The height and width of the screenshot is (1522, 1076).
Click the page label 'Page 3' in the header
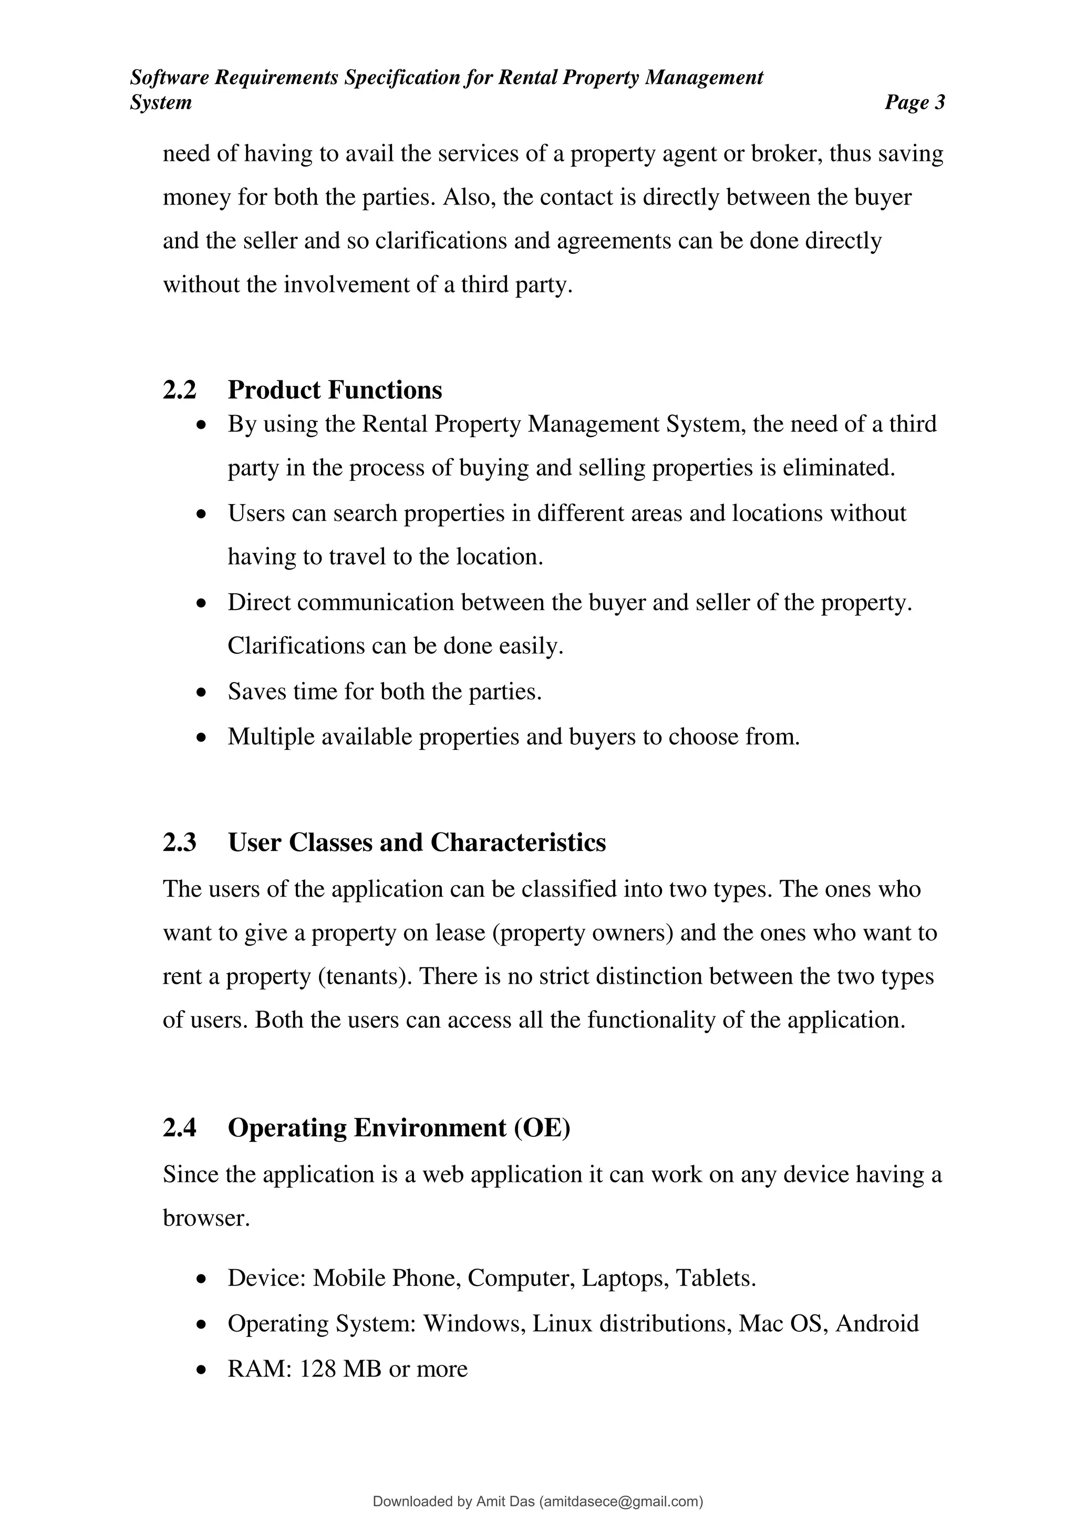[x=914, y=103]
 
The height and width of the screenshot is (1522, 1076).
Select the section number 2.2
[x=180, y=390]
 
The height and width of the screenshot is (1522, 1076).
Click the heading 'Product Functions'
[x=335, y=390]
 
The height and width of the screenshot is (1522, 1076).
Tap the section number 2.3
[x=180, y=842]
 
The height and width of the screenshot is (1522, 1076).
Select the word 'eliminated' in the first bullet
[x=837, y=468]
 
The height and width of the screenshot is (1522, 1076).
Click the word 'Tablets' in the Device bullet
[x=713, y=1278]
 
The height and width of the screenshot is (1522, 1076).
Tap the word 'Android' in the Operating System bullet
[x=877, y=1323]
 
